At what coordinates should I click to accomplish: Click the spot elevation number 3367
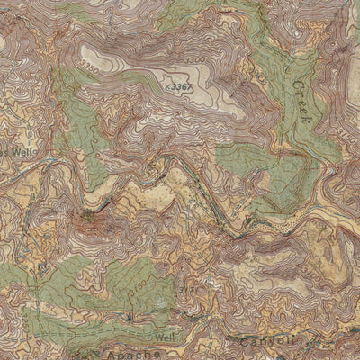tap(183, 86)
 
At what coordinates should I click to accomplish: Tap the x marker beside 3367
tap(167, 86)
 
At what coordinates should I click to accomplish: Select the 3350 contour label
tap(90, 67)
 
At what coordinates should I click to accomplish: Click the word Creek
tap(302, 99)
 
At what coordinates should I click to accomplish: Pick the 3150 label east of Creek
tap(350, 135)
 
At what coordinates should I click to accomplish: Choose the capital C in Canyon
tap(244, 342)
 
